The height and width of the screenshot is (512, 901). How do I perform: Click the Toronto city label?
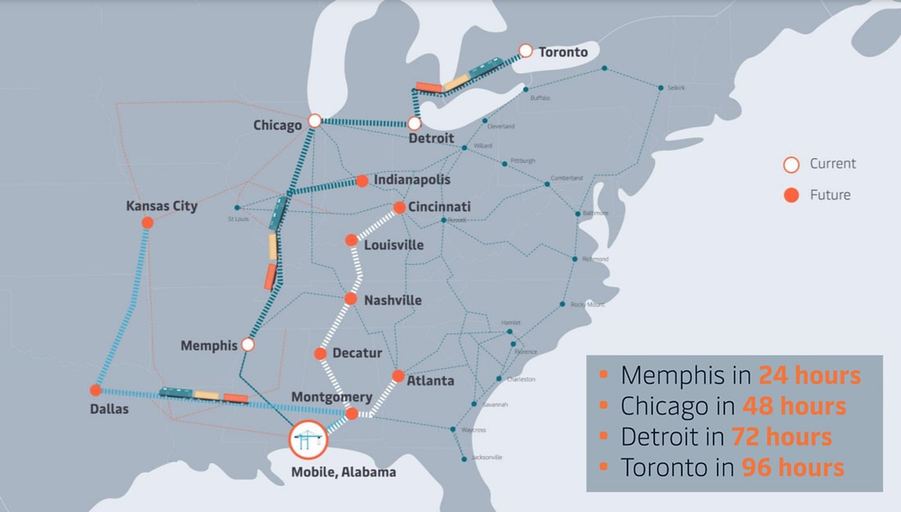(x=563, y=52)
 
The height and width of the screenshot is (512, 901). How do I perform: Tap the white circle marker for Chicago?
(x=315, y=120)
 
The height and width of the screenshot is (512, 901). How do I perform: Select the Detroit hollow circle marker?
(x=414, y=124)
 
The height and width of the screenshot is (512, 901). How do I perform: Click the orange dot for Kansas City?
(x=147, y=223)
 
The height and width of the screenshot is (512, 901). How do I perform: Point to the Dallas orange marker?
(x=96, y=390)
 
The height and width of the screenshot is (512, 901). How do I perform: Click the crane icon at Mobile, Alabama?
(x=307, y=440)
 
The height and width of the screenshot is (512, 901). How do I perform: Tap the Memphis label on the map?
(x=209, y=346)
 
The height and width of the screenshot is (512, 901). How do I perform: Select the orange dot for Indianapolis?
(x=361, y=180)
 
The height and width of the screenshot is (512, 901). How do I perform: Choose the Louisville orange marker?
(x=351, y=240)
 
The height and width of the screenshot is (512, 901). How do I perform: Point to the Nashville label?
(x=393, y=300)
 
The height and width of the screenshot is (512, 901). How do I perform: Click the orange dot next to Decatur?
(x=321, y=354)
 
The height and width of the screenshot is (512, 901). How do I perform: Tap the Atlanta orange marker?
(x=399, y=376)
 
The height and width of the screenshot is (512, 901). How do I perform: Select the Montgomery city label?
(x=332, y=397)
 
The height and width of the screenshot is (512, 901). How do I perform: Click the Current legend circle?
(x=791, y=165)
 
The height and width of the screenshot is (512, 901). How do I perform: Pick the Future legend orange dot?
(x=791, y=195)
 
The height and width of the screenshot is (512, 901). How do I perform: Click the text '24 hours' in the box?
(x=809, y=375)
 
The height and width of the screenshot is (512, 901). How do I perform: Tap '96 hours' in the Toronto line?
(x=792, y=468)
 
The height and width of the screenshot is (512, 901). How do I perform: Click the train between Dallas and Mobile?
(x=203, y=395)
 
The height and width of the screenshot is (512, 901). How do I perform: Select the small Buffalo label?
(x=541, y=97)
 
